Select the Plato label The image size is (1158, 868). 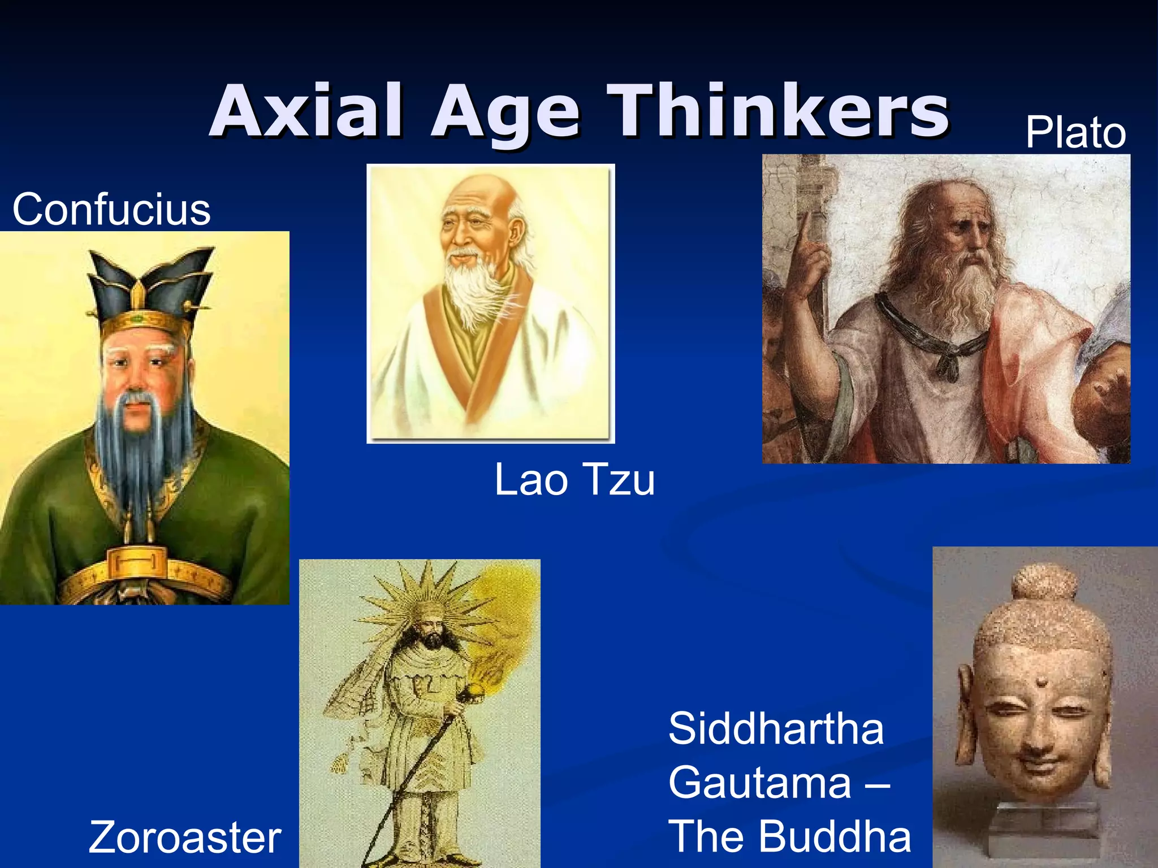pyautogui.click(x=1075, y=133)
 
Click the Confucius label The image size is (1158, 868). pyautogui.click(x=111, y=210)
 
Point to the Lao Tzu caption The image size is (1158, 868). pyautogui.click(x=574, y=480)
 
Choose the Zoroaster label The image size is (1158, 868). pyautogui.click(x=185, y=837)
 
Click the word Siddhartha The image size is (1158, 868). pyautogui.click(x=776, y=729)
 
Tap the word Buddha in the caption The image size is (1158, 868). pyautogui.click(x=835, y=836)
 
